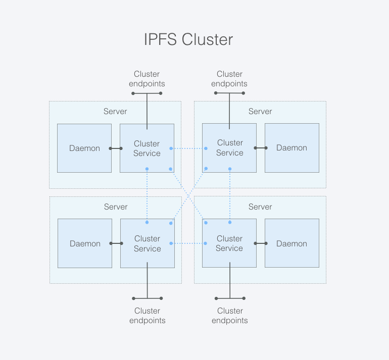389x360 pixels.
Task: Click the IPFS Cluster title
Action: click(x=188, y=40)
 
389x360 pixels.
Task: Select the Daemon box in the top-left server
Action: click(x=84, y=148)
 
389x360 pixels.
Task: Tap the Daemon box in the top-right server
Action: click(x=291, y=148)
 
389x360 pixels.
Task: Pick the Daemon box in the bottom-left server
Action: click(x=85, y=243)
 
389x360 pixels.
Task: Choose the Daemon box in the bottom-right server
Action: click(x=291, y=243)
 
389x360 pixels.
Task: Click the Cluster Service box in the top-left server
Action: click(x=147, y=148)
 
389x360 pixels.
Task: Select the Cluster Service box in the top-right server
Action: click(x=229, y=148)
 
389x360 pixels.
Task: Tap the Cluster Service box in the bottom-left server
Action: click(x=147, y=243)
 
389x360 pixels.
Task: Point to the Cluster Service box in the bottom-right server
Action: click(x=229, y=243)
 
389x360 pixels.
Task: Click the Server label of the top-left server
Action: click(x=115, y=112)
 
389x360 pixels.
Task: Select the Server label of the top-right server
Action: click(x=260, y=112)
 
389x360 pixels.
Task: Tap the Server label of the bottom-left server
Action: click(x=116, y=207)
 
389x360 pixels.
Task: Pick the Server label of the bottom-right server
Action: click(x=260, y=207)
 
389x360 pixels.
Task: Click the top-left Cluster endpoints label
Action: click(x=147, y=79)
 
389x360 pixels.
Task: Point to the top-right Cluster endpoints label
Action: click(x=229, y=79)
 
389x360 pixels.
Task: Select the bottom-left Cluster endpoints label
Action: click(x=147, y=316)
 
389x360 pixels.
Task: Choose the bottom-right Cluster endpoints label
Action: click(x=230, y=316)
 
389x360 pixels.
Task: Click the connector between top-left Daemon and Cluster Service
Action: click(x=116, y=148)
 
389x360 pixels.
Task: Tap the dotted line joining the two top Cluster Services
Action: click(x=188, y=148)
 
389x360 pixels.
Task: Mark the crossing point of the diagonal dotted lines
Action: click(x=188, y=195)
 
